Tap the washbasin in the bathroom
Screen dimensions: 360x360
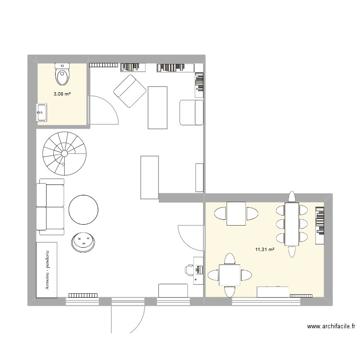[41, 113]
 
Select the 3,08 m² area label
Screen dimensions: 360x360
[62, 94]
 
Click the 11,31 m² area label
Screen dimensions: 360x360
[265, 249]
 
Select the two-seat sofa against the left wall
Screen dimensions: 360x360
[50, 207]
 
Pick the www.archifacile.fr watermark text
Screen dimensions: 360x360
[331, 326]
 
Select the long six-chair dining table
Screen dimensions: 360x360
[291, 224]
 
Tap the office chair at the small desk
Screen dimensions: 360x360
[190, 270]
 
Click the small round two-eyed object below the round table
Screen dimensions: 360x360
[84, 241]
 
